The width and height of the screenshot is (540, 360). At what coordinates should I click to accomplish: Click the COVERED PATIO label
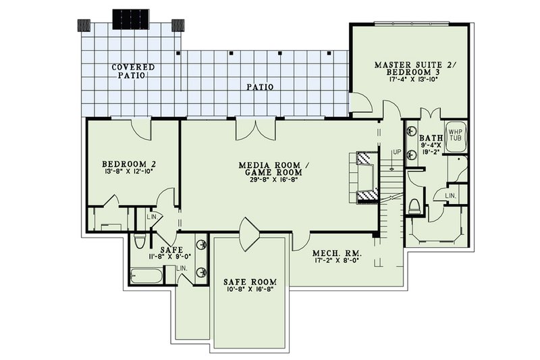click(133, 71)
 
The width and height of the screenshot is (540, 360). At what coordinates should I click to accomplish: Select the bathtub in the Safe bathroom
click(146, 276)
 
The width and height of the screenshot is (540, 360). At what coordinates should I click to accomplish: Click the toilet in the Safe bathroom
click(140, 240)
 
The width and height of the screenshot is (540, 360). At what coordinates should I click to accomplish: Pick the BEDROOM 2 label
click(130, 164)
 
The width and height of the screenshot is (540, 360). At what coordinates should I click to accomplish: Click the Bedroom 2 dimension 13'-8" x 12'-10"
click(130, 173)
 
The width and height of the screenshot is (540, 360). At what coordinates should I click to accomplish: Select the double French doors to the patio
click(254, 130)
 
